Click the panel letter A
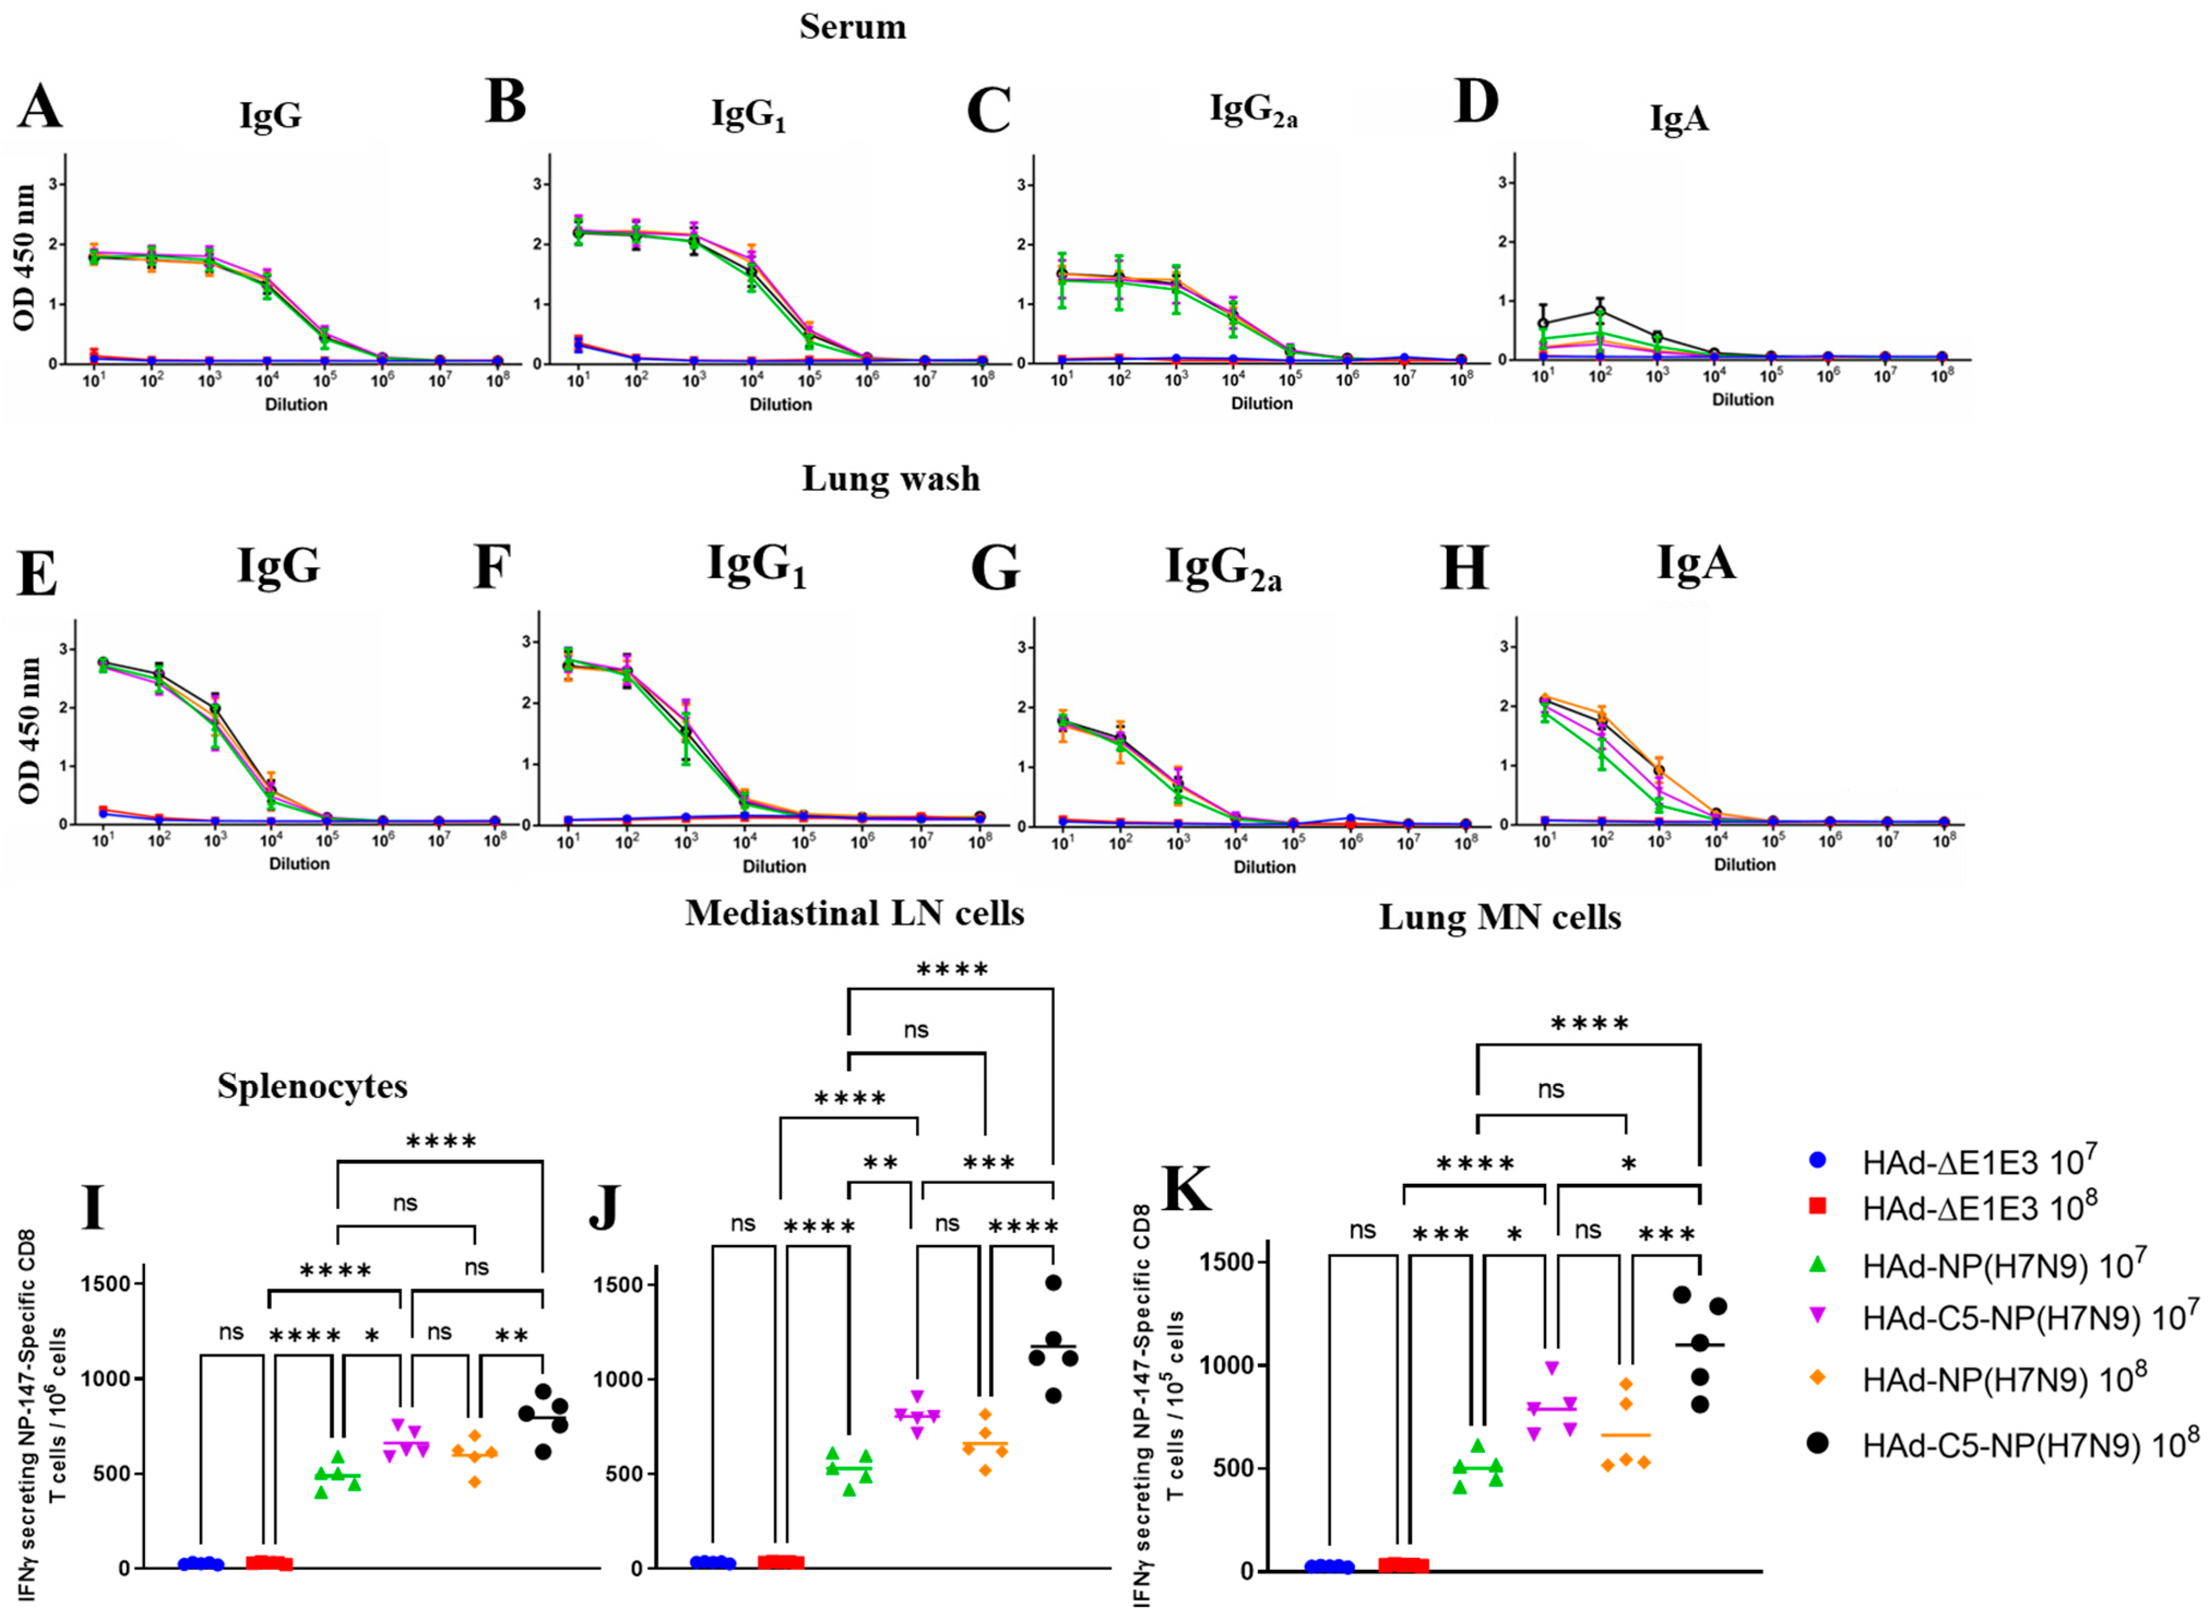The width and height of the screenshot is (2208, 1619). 39,106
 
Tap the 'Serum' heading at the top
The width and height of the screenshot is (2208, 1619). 852,26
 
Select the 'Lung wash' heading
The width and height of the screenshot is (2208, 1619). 890,478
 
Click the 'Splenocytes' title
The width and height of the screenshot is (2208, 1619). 312,1086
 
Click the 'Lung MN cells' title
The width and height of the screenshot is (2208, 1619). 1499,917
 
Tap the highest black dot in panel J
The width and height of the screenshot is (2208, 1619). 1053,1283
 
